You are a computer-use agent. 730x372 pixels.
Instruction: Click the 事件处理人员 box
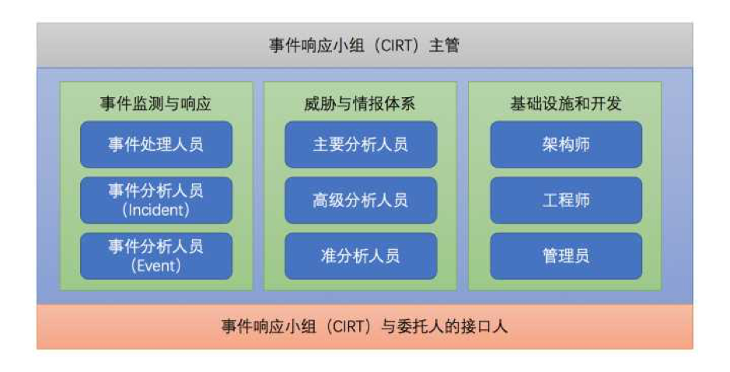point(156,144)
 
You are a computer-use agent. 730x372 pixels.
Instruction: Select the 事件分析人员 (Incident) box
point(156,200)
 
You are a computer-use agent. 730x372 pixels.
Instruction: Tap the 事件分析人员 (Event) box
point(156,256)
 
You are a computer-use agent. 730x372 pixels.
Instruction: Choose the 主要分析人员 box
point(361,144)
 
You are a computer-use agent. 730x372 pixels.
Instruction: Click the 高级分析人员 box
point(361,200)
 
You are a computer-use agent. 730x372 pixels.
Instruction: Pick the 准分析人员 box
point(361,256)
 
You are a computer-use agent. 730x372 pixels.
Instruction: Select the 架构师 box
point(566,144)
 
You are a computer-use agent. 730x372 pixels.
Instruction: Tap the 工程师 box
point(566,200)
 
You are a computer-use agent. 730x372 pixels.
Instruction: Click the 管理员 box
point(566,256)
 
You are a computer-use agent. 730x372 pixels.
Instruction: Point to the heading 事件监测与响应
point(156,103)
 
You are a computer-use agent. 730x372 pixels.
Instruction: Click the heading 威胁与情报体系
point(361,103)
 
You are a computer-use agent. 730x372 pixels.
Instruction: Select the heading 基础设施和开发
point(566,103)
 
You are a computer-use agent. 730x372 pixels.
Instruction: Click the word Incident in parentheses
point(156,210)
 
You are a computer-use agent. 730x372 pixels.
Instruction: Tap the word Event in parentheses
point(156,266)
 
